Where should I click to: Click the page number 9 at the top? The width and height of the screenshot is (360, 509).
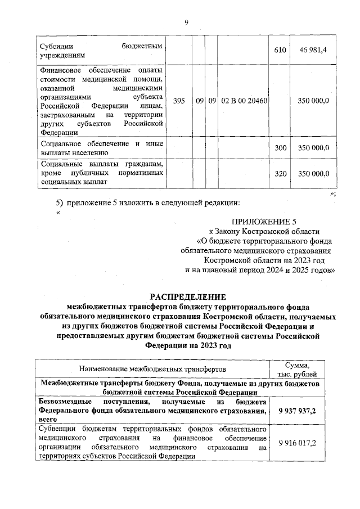coord(185,22)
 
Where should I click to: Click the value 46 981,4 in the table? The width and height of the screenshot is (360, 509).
coord(313,51)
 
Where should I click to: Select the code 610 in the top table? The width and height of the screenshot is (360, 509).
coord(280,51)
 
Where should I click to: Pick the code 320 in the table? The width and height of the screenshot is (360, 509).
coord(280,174)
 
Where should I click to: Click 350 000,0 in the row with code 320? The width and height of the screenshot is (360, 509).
coord(313,174)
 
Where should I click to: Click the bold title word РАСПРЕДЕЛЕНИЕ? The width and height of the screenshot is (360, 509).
coord(187,297)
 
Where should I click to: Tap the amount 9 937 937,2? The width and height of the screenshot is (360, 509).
coord(297,411)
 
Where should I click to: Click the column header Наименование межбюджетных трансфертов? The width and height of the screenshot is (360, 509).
coord(152,369)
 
